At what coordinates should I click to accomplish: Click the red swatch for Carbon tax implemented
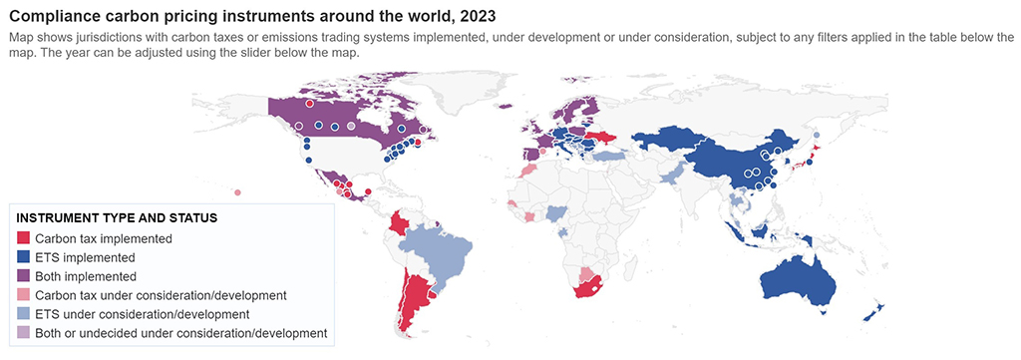pos(24,239)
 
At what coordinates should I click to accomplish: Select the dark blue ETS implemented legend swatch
pos(24,257)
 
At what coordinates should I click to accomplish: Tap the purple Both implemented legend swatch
pos(24,276)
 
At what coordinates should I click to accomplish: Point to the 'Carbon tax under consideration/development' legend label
pos(161,295)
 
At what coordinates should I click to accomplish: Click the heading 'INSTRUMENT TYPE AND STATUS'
pos(117,217)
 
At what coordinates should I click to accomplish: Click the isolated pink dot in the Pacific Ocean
pos(237,192)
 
